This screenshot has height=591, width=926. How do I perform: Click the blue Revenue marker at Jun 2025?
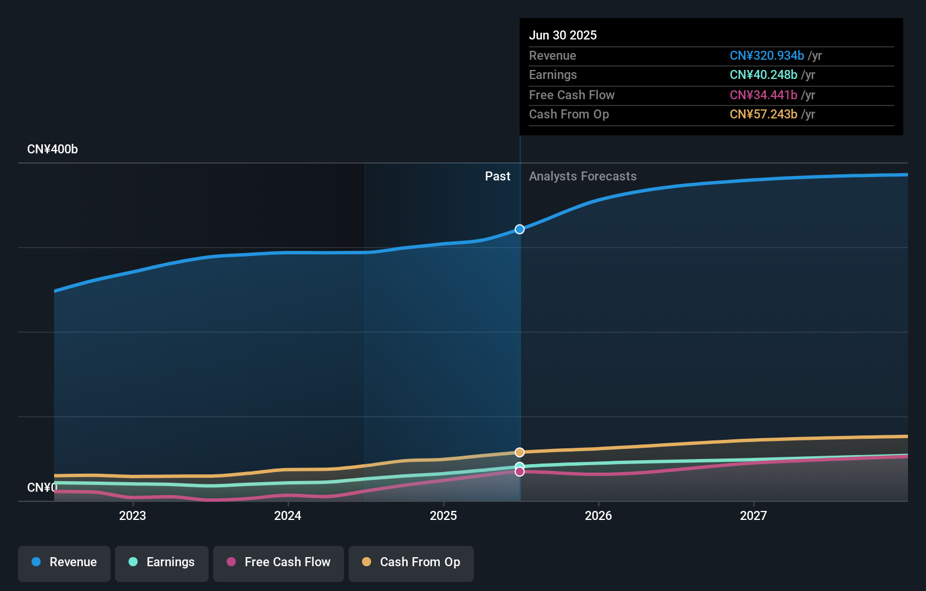[519, 229]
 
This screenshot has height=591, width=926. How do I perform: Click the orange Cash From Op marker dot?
[519, 452]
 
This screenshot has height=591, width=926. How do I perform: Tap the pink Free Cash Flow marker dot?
[519, 471]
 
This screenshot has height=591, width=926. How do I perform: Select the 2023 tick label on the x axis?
[133, 515]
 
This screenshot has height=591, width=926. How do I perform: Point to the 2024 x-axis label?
[288, 515]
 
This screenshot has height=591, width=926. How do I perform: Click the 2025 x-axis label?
[443, 515]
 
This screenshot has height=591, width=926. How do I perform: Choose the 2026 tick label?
[598, 515]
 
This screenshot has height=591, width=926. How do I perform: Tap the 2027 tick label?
[753, 515]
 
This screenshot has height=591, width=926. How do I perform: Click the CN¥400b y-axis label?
[52, 149]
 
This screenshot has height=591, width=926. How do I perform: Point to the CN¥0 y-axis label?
[42, 487]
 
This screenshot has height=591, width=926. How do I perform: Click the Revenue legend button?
[64, 562]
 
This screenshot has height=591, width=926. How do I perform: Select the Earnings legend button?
[162, 562]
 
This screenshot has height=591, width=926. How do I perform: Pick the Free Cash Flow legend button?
[279, 562]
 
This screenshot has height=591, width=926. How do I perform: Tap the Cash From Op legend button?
[411, 562]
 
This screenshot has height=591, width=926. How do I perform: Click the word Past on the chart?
[497, 177]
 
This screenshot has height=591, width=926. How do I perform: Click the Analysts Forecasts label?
[583, 177]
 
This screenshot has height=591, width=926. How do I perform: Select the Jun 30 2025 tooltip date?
[563, 35]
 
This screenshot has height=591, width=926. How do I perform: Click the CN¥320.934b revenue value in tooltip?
[766, 56]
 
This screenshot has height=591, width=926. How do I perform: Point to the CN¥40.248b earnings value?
[763, 75]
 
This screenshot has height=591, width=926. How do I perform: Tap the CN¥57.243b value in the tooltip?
[763, 114]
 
